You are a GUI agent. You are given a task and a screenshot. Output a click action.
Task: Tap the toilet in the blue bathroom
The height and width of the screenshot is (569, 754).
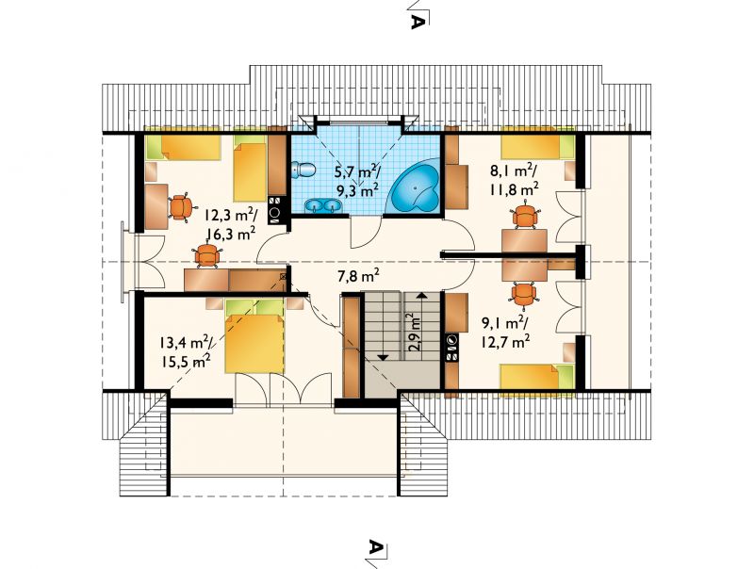(x=303, y=171)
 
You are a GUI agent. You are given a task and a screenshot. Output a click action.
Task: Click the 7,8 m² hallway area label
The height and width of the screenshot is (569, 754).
(x=358, y=276)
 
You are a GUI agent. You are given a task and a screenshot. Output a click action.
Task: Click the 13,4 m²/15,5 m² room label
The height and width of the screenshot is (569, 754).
(x=185, y=350)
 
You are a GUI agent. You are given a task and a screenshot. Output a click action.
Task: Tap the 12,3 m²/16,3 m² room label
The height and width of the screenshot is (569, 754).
(x=230, y=224)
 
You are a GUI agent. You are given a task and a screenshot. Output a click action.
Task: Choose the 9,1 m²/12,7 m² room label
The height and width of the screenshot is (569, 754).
(x=505, y=333)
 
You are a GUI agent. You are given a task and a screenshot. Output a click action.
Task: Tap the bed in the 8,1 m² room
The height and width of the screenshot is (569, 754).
(x=537, y=147)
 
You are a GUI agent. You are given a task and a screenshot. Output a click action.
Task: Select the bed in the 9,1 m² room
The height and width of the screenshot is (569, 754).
(x=537, y=377)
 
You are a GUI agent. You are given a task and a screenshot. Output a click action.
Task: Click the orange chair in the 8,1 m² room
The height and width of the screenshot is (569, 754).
(x=524, y=217)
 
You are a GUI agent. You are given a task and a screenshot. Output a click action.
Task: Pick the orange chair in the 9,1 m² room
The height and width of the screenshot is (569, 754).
(x=524, y=294)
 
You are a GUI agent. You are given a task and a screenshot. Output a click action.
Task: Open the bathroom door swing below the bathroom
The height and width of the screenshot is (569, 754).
(x=366, y=233)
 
